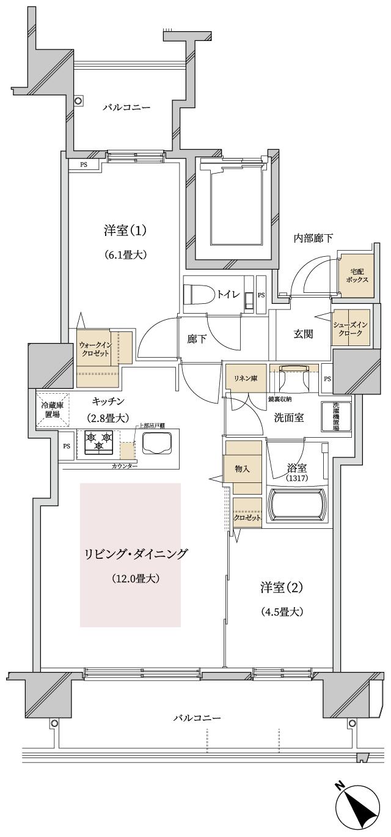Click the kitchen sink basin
click(158, 443)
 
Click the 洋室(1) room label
click(125, 230)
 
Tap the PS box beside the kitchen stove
click(67, 446)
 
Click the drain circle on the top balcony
click(79, 100)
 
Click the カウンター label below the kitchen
click(125, 466)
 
